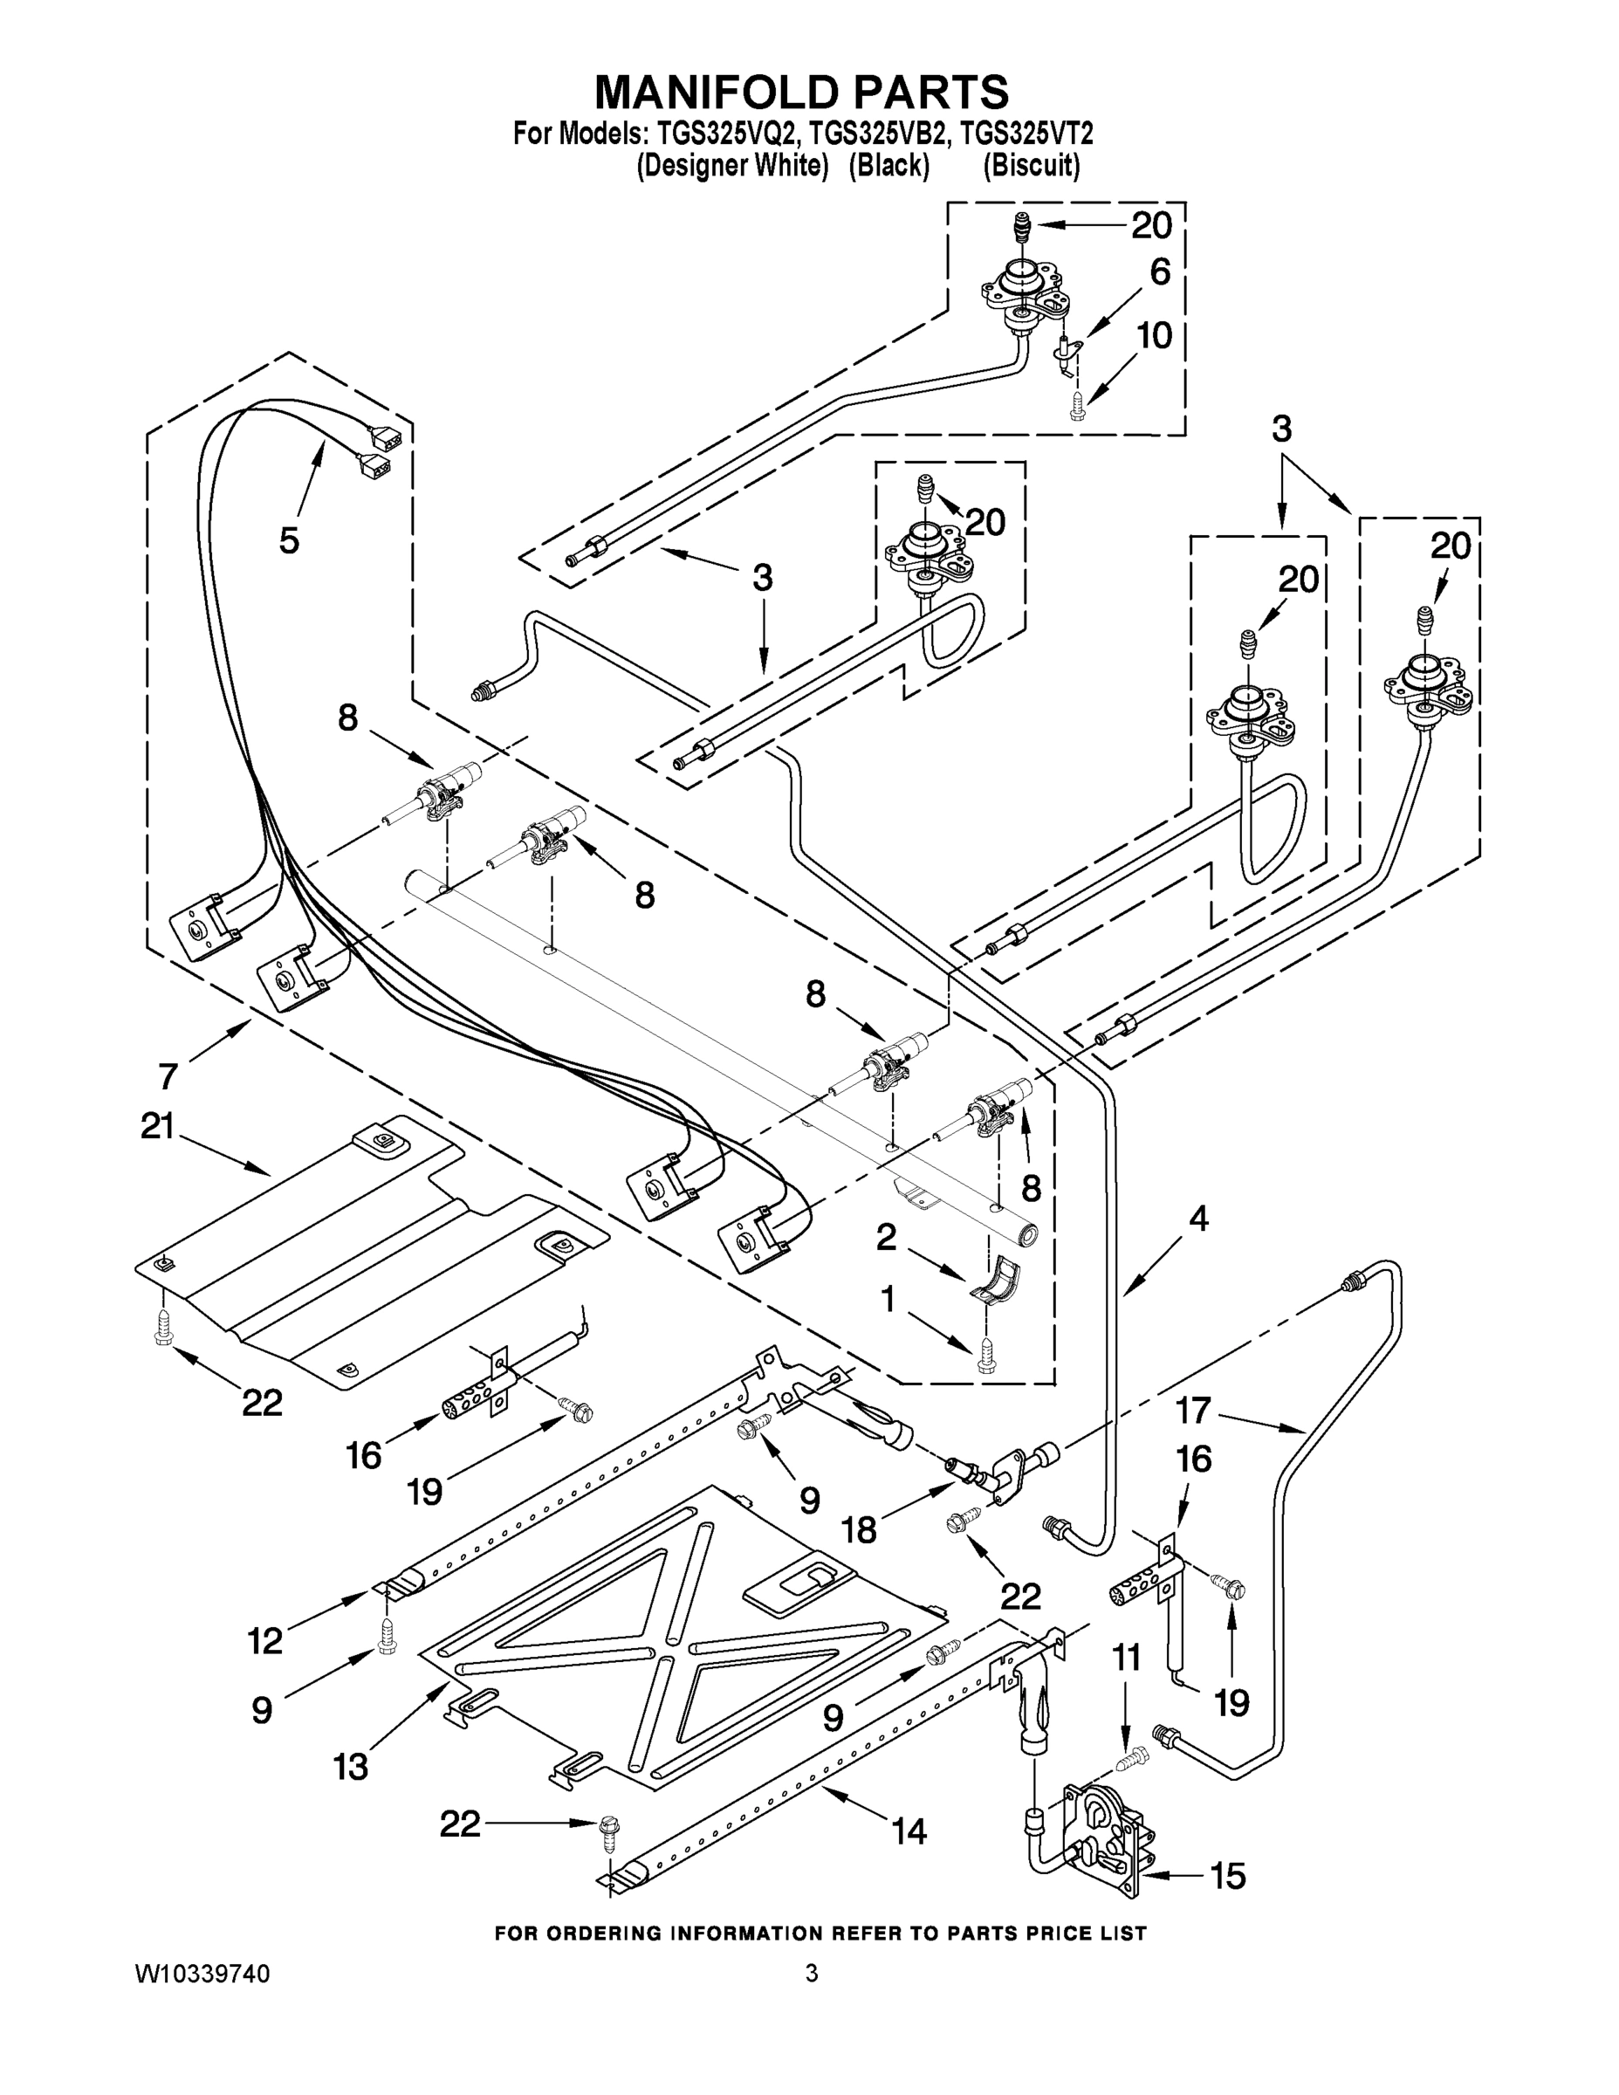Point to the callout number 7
point(168,1076)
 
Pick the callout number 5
point(289,540)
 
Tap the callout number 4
point(1199,1220)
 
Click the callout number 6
point(1160,272)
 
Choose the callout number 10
point(1155,336)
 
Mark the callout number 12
point(265,1641)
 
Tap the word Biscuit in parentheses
point(1031,166)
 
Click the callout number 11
point(1128,1658)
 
